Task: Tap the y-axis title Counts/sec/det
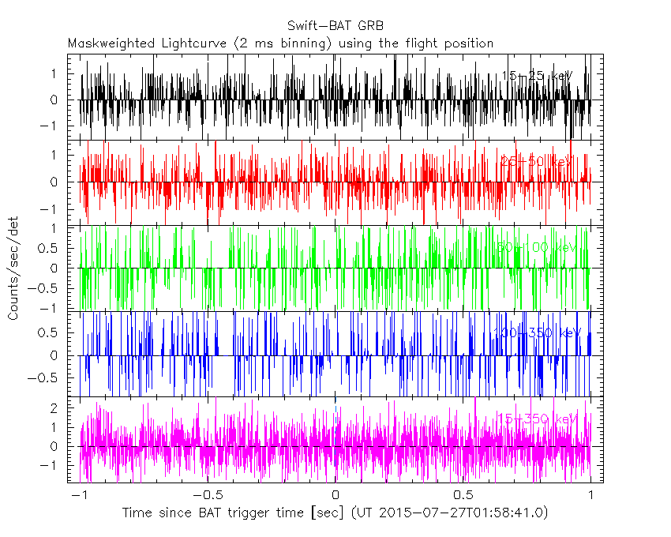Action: coord(13,268)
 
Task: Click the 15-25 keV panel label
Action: coord(537,76)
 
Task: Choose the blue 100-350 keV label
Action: coord(537,332)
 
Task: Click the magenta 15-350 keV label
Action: coord(537,419)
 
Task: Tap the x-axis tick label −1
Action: coord(77,495)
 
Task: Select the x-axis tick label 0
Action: coord(335,495)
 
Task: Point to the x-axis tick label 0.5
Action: coord(463,495)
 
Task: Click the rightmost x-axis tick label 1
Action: coord(591,495)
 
